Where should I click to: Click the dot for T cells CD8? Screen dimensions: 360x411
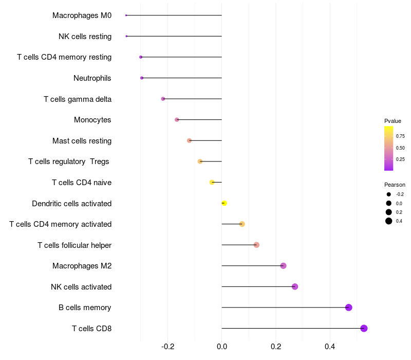point(364,328)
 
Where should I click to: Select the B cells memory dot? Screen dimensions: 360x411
point(349,308)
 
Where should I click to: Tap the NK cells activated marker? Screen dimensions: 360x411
point(295,286)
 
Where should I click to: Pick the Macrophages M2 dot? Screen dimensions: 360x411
point(283,266)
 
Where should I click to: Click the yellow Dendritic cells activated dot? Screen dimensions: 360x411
point(224,203)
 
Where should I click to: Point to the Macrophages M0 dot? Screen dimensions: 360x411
point(126,15)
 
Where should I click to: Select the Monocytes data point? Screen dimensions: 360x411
point(177,120)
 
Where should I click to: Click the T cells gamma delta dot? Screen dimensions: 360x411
point(163,99)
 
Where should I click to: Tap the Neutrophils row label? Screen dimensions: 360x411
point(92,78)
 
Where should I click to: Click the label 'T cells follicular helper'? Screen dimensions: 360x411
point(74,245)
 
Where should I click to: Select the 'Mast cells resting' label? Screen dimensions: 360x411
point(82,141)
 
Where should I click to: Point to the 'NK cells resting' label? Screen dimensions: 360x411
point(85,37)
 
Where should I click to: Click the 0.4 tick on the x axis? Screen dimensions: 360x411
point(330,347)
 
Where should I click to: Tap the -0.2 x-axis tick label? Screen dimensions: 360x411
point(168,347)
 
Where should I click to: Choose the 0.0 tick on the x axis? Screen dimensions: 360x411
point(222,347)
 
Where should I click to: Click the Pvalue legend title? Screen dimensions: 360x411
point(393,121)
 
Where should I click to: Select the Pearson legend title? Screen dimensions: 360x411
point(395,185)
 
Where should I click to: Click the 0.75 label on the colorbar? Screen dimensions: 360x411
point(400,136)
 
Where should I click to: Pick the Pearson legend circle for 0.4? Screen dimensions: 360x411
point(389,221)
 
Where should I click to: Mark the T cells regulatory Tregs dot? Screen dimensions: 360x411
point(200,161)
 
